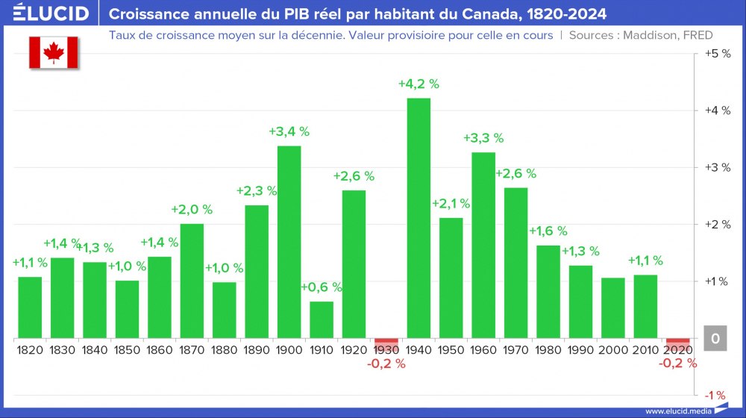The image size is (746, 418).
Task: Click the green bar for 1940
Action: [419, 218]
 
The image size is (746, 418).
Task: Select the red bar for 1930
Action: [386, 342]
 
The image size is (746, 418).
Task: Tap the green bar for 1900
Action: [289, 242]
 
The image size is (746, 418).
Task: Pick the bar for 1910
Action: [322, 319]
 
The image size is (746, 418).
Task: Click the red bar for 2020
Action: [678, 342]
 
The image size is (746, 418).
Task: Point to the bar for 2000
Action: [613, 308]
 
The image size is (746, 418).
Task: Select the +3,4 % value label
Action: [289, 132]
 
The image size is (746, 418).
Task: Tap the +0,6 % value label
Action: [322, 287]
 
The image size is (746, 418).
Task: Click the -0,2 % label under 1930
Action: [386, 364]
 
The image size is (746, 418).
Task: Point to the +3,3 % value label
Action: [483, 138]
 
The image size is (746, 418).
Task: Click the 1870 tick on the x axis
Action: [192, 350]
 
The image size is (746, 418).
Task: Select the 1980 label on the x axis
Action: [548, 350]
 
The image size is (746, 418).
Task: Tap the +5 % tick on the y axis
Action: [717, 54]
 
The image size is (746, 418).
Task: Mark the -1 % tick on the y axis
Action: [717, 395]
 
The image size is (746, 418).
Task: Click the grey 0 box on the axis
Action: [715, 339]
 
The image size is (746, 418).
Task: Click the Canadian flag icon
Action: [54, 52]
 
